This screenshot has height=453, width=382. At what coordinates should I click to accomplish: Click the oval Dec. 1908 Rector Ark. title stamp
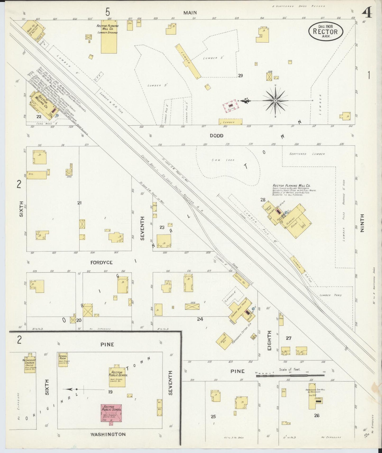[326, 31]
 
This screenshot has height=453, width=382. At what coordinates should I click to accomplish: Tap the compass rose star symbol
[275, 101]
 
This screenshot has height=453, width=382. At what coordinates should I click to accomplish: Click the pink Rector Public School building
[111, 413]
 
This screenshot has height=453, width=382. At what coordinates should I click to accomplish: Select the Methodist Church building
[30, 363]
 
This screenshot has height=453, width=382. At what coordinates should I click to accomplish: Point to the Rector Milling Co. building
[42, 104]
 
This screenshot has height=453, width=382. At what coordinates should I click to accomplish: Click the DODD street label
[217, 136]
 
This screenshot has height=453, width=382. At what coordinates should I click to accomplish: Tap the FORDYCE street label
[102, 262]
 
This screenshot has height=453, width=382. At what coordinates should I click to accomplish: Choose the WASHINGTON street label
[108, 434]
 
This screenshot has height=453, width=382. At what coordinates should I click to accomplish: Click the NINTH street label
[362, 223]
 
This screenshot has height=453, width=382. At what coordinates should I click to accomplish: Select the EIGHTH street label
[269, 341]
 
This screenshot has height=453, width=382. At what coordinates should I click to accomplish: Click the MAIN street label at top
[190, 13]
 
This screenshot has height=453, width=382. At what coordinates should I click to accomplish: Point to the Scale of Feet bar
[290, 375]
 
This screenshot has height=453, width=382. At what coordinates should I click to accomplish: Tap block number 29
[240, 76]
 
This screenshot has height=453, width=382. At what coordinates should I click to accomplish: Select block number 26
[317, 415]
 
